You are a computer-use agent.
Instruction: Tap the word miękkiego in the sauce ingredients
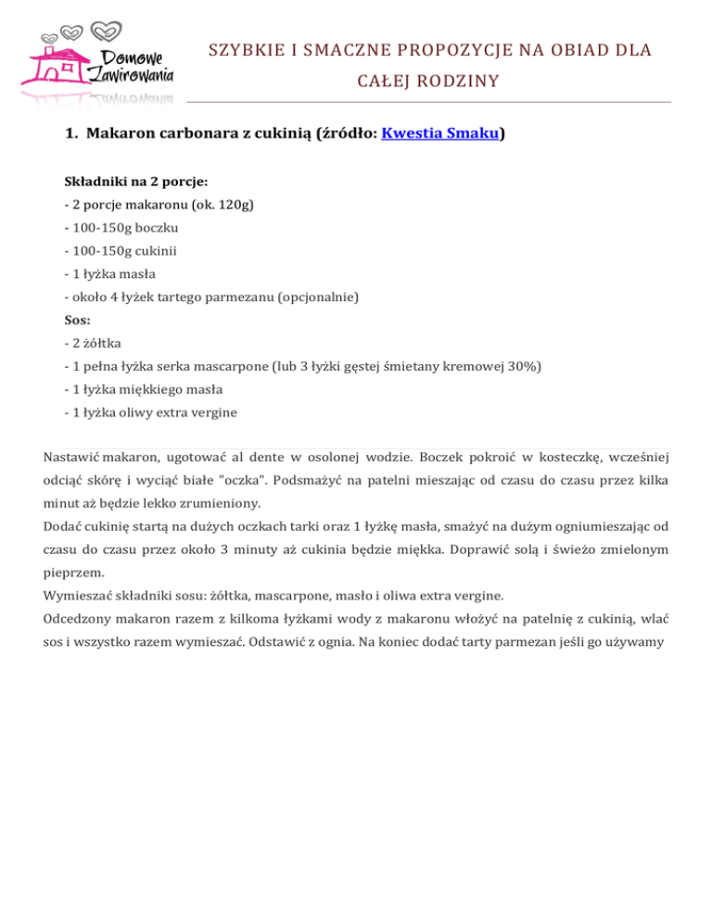coord(147,389)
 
